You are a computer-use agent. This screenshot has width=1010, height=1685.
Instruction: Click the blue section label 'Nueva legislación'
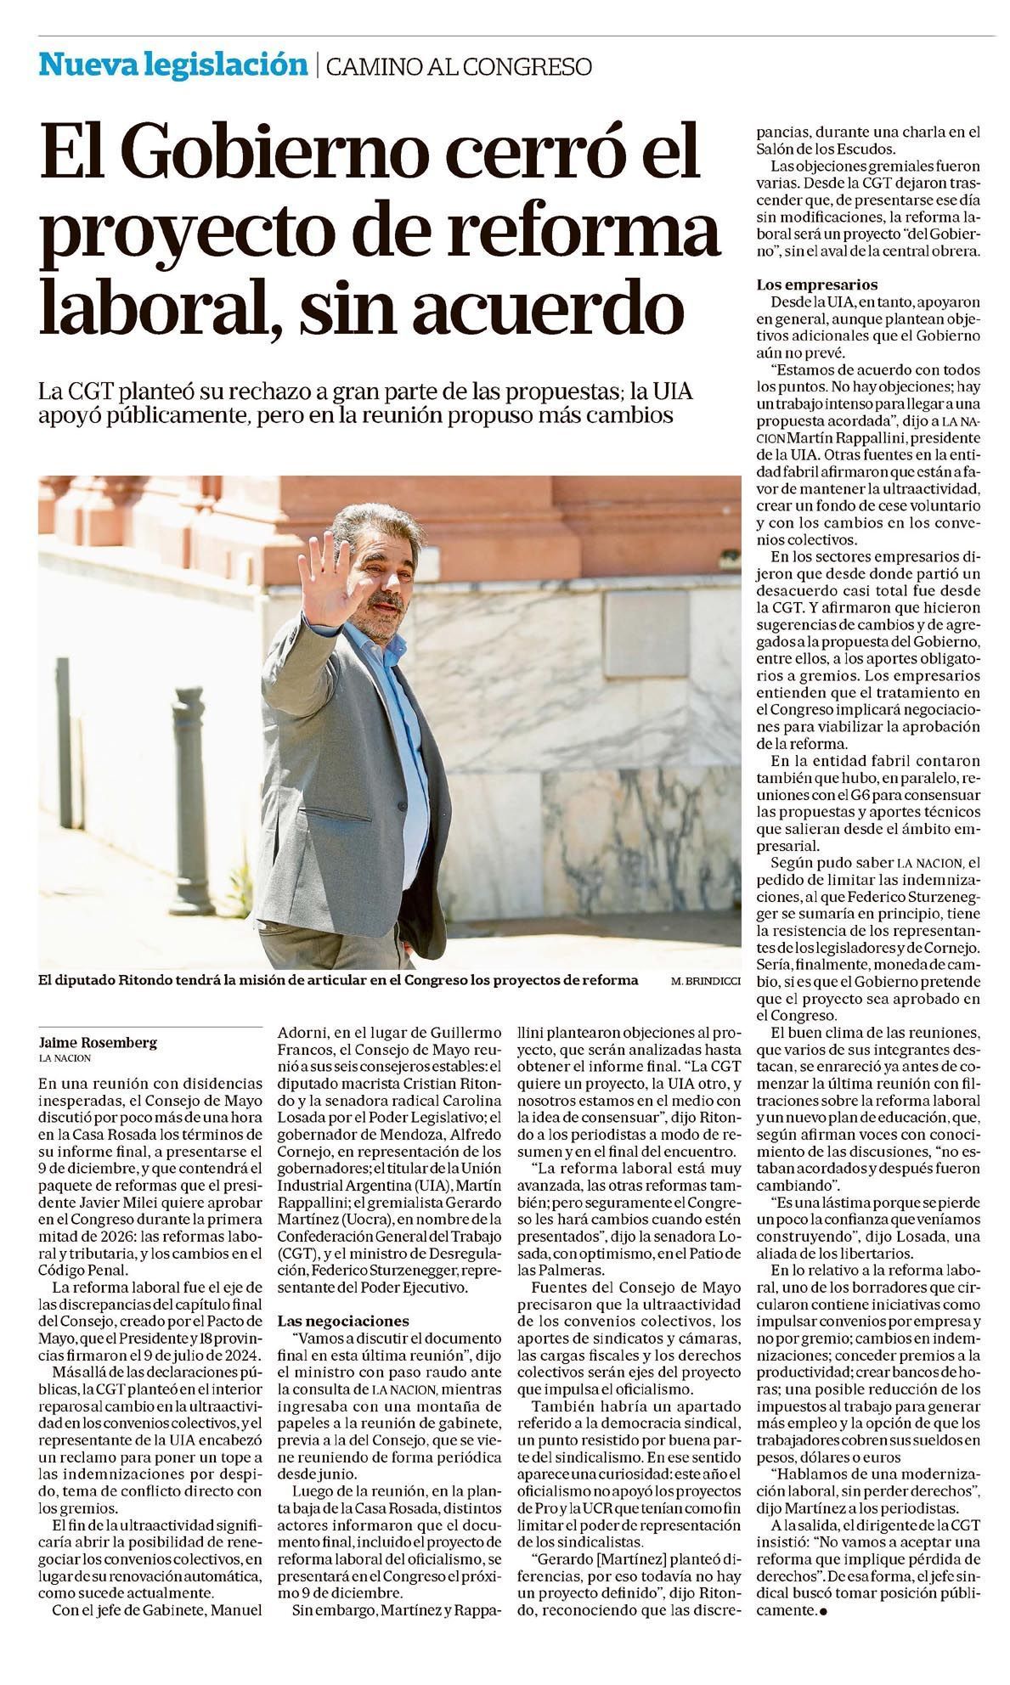[172, 65]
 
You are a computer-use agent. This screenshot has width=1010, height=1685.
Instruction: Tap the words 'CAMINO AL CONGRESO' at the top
[459, 66]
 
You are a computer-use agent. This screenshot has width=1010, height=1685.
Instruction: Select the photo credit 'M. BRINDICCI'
[705, 980]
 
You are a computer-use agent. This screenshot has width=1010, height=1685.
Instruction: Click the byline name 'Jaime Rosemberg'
[99, 1042]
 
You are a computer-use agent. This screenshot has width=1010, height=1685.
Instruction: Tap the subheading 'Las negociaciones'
[343, 1321]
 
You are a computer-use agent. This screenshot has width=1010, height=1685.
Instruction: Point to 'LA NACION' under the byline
[65, 1057]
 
